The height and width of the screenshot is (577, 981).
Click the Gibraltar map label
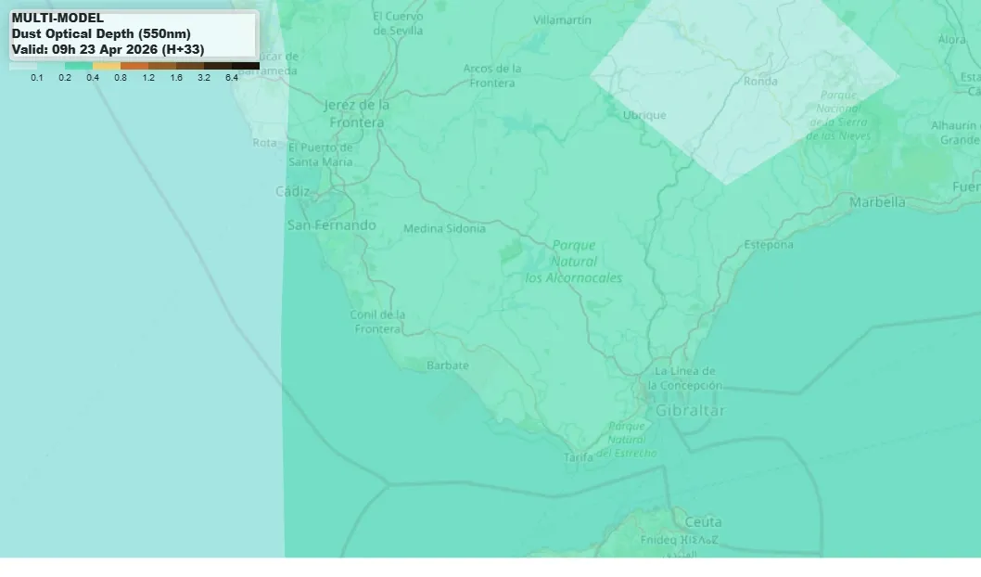tap(690, 410)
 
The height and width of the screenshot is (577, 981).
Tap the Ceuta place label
tap(703, 521)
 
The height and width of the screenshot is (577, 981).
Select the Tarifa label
tap(579, 457)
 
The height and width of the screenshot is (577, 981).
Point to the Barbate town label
tap(447, 365)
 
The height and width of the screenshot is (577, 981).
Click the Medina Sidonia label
tap(444, 228)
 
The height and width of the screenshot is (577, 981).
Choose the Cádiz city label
tap(293, 191)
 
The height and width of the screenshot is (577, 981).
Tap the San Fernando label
tap(331, 224)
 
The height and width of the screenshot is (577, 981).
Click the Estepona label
tap(769, 245)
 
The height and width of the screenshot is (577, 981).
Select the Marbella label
tap(877, 202)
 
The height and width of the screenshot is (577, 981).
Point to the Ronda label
tap(760, 82)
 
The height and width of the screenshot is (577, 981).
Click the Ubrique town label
tap(644, 115)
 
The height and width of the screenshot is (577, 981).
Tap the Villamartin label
tap(562, 20)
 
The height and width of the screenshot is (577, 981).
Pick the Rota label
tap(264, 143)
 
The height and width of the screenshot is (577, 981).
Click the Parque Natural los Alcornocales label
tap(574, 262)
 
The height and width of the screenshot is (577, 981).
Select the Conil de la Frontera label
tap(377, 322)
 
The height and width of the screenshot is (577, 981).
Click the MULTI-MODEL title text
tap(57, 18)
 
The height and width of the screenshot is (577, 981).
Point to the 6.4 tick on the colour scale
tap(231, 78)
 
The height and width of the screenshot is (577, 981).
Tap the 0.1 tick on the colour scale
tap(37, 78)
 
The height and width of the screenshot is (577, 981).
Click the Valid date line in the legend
tap(108, 49)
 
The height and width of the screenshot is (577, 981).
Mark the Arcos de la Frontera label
tap(492, 75)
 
